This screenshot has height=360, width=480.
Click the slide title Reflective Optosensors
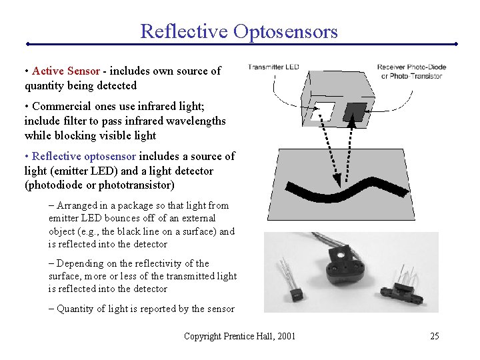[239, 31]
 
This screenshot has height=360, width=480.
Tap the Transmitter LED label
[273, 66]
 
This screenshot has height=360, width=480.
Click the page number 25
[434, 336]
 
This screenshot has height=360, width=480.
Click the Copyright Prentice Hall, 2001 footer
[239, 336]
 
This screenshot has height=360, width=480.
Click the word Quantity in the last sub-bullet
[76, 308]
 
